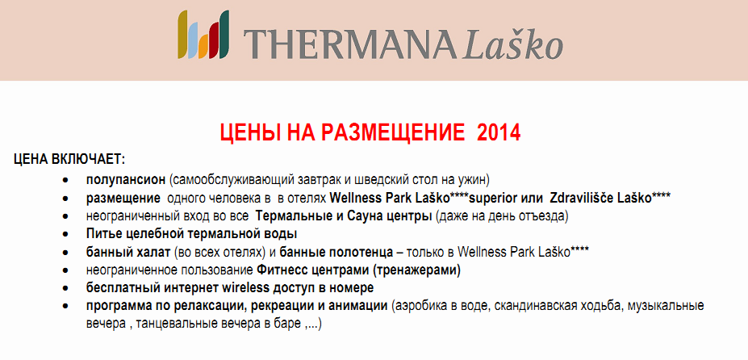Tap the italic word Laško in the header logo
pos(513,44)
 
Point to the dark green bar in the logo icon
pos(224,35)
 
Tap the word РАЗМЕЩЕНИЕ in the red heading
pos(393,132)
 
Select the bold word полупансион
pos(126,180)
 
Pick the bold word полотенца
pos(367,252)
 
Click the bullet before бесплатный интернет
pos(65,288)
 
